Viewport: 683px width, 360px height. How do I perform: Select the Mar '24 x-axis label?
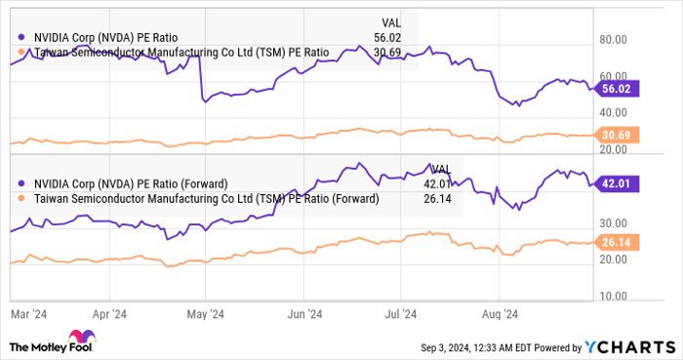[28, 314]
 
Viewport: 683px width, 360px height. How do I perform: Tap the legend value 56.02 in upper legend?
[390, 37]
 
